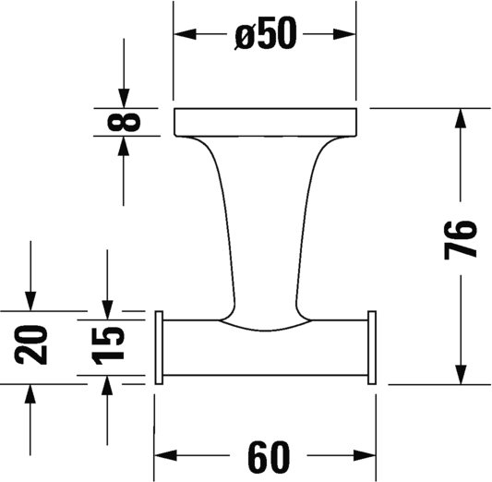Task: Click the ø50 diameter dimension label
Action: point(265,34)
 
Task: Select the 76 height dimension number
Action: point(461,240)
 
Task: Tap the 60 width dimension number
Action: point(269,456)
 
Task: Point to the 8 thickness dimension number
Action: point(124,122)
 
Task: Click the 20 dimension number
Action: point(30,344)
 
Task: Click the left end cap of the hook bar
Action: point(159,348)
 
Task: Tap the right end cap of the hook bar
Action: point(372,348)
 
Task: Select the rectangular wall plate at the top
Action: point(266,123)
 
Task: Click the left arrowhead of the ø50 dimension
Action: point(186,34)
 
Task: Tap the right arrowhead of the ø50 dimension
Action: point(344,34)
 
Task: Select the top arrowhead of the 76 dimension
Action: point(461,119)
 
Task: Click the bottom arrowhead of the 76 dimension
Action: point(461,373)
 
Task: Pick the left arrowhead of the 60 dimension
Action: point(166,455)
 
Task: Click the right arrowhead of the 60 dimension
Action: point(365,455)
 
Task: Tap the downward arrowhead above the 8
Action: point(124,98)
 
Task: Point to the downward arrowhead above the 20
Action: point(30,301)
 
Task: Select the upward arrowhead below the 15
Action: point(107,386)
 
